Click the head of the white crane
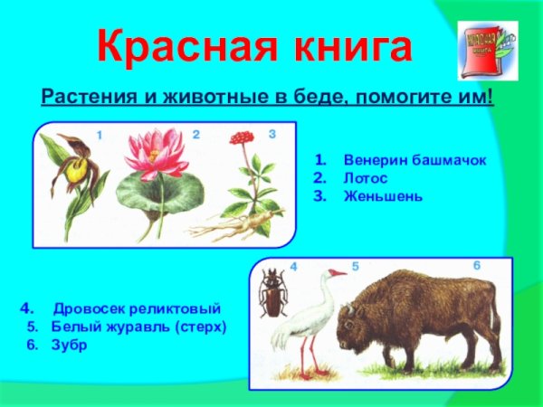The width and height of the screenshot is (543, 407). (x=334, y=272)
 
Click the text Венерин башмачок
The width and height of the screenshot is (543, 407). (x=408, y=159)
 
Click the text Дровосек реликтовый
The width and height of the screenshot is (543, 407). (x=137, y=308)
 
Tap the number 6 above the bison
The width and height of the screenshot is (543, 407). (x=477, y=264)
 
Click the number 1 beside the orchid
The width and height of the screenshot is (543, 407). (x=100, y=135)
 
